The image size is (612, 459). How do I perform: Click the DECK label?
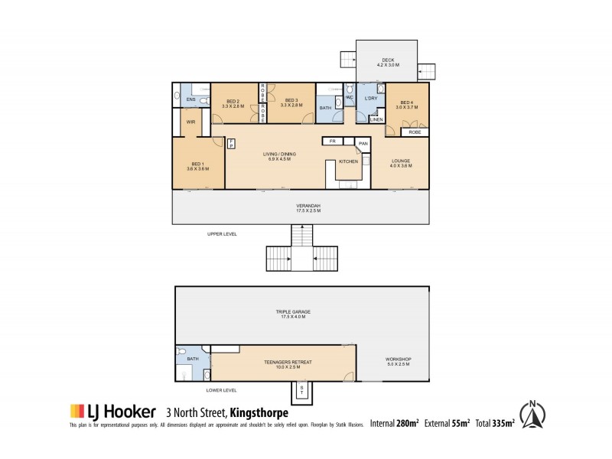tap(379, 60)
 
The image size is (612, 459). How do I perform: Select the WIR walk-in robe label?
tap(190, 121)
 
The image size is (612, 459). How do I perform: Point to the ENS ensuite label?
tap(190, 99)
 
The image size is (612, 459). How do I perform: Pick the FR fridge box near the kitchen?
tap(332, 142)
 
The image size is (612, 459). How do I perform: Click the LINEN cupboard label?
tap(376, 119)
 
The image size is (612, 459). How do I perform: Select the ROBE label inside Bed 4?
tap(414, 132)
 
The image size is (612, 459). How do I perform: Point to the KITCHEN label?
tap(349, 162)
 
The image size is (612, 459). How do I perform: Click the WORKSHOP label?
tap(399, 360)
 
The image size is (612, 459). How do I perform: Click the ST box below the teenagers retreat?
tap(301, 391)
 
